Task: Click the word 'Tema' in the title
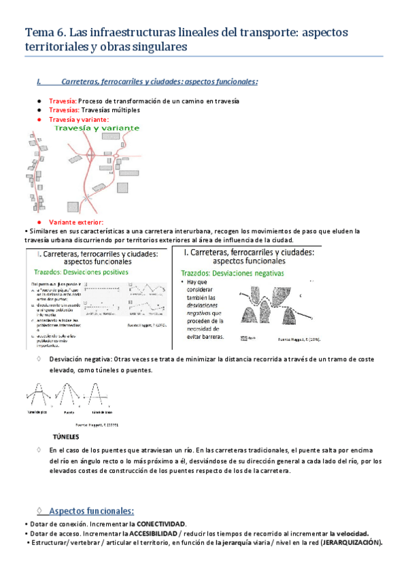pos(39,31)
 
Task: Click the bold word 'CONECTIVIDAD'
pos(161,524)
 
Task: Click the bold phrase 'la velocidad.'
pos(349,533)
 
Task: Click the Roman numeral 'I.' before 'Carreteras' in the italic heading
pos(39,82)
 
